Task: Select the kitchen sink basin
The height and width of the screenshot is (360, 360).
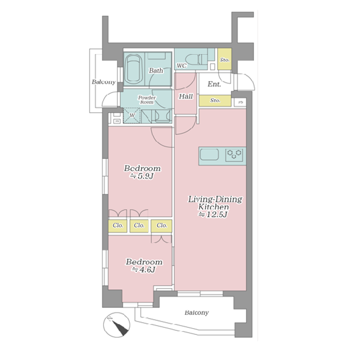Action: pyautogui.click(x=209, y=155)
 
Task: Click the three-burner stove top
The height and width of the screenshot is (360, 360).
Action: pyautogui.click(x=234, y=155)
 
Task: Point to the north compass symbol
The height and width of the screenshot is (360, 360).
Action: pyautogui.click(x=116, y=325)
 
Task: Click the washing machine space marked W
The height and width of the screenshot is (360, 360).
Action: pyautogui.click(x=132, y=115)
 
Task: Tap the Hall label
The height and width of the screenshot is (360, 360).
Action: pyautogui.click(x=186, y=97)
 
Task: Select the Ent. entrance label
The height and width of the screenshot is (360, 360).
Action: pyautogui.click(x=214, y=84)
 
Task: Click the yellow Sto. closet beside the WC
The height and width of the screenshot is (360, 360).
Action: pyautogui.click(x=224, y=59)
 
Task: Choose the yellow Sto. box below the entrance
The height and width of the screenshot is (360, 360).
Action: pyautogui.click(x=215, y=101)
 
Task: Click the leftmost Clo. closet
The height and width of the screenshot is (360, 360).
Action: pyautogui.click(x=118, y=226)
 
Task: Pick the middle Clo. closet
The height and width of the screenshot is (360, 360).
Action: pyautogui.click(x=139, y=226)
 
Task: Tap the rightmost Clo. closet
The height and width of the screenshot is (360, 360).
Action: pyautogui.click(x=161, y=226)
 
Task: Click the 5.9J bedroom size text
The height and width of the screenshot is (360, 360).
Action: pyautogui.click(x=142, y=176)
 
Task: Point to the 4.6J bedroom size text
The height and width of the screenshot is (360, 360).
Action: pyautogui.click(x=144, y=269)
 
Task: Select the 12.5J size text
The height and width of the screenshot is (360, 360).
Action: pyautogui.click(x=213, y=215)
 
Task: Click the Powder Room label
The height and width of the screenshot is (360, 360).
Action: pyautogui.click(x=147, y=100)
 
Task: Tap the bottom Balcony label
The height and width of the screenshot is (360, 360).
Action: pyautogui.click(x=197, y=313)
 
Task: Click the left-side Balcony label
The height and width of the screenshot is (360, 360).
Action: pyautogui.click(x=104, y=82)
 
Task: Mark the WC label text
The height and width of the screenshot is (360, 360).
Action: pyautogui.click(x=182, y=66)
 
